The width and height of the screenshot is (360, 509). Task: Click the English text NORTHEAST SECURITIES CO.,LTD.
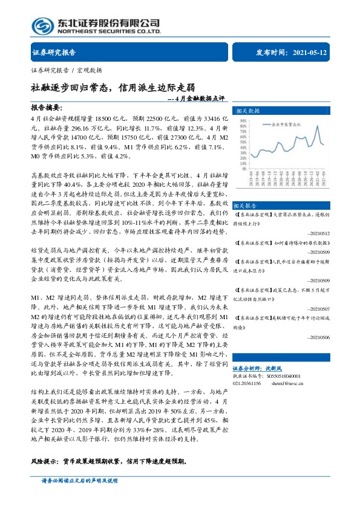[x=109, y=31]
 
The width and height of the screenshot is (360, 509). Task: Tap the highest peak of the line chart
[x=319, y=126]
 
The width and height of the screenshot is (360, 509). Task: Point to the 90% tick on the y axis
[x=242, y=120]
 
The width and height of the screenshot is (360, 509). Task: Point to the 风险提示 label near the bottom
[x=45, y=461]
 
